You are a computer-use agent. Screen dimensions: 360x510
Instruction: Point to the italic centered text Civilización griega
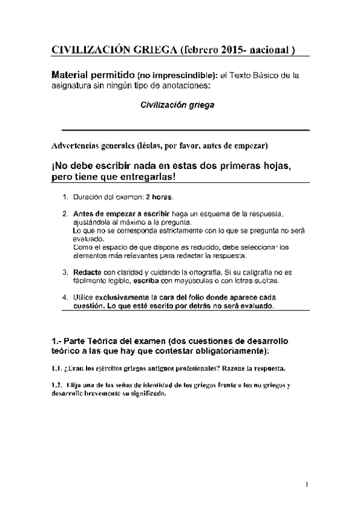click(x=177, y=104)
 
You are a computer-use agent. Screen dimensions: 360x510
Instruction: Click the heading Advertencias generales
click(x=93, y=146)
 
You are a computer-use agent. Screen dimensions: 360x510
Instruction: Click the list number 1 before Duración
click(x=65, y=197)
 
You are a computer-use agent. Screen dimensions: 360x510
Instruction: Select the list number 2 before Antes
click(x=65, y=214)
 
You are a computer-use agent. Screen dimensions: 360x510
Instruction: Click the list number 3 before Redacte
click(x=65, y=272)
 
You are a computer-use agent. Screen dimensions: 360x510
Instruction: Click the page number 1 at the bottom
click(x=306, y=485)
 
